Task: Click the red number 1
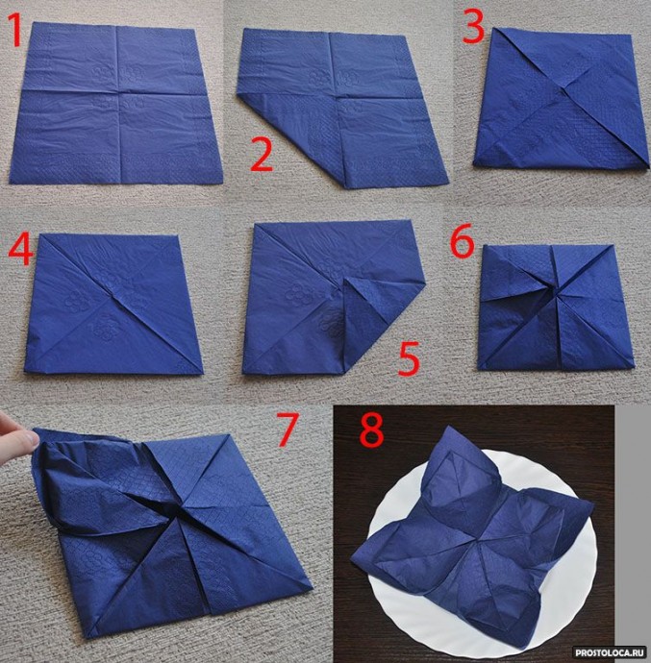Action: click(x=15, y=30)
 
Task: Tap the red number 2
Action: click(x=262, y=154)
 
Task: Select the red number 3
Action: click(x=473, y=26)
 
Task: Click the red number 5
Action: click(x=409, y=358)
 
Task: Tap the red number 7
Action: click(x=288, y=430)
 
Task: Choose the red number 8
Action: click(x=371, y=430)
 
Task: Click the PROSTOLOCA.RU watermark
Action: click(x=609, y=651)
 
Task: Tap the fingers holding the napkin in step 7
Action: click(x=14, y=437)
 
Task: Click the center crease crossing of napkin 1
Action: click(x=117, y=92)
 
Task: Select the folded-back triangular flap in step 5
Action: click(x=368, y=315)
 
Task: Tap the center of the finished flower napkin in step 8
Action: click(x=482, y=538)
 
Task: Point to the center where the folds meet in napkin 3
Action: click(x=563, y=89)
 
